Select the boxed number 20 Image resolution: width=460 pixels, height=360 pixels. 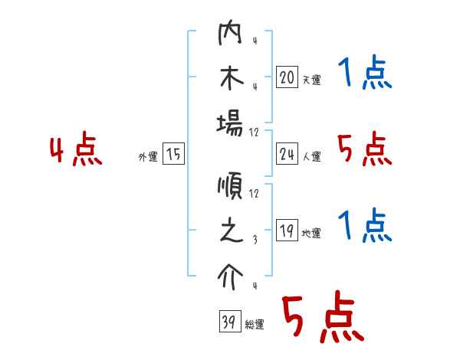tap(287, 77)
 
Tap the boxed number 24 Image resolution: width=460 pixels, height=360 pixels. tap(287, 155)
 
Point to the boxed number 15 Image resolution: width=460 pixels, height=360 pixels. tap(174, 155)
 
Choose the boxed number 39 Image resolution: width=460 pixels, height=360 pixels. tap(228, 322)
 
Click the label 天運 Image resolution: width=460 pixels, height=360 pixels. tap(311, 80)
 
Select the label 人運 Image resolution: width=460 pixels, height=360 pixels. tap(311, 157)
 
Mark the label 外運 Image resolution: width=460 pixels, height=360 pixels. tap(148, 157)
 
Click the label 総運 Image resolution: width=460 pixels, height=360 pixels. tap(254, 325)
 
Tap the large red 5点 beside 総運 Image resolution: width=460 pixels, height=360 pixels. tap(322, 317)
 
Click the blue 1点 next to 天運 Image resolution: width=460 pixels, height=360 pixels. tap(365, 74)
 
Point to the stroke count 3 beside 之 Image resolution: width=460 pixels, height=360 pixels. tap(253, 239)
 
